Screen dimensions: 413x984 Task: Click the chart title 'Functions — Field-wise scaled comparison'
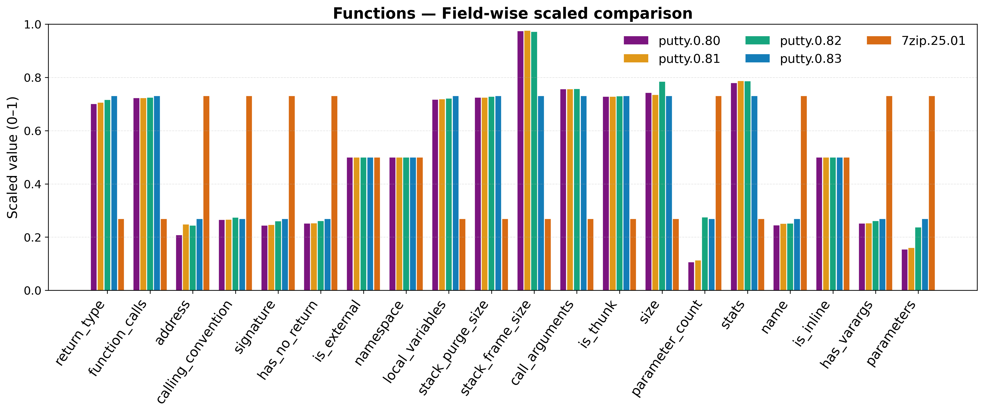coord(512,14)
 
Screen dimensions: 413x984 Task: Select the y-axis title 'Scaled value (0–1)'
coord(13,157)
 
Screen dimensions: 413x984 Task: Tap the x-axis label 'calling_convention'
coord(195,351)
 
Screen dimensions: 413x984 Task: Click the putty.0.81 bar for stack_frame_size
coord(527,160)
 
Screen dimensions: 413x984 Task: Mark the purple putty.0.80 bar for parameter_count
coord(691,276)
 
